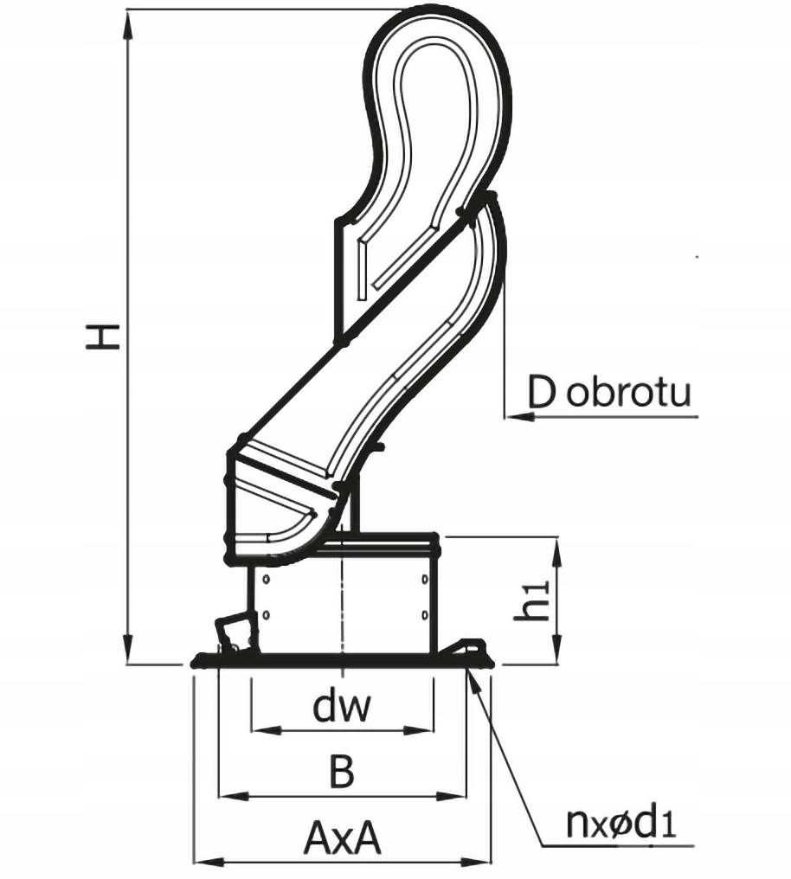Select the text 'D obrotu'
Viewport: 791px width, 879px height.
[609, 392]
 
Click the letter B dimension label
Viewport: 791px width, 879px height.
[343, 772]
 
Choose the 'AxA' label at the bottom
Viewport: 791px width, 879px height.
[343, 838]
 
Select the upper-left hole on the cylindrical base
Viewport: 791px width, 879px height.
[267, 578]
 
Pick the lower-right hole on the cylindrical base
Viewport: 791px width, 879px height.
[424, 614]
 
